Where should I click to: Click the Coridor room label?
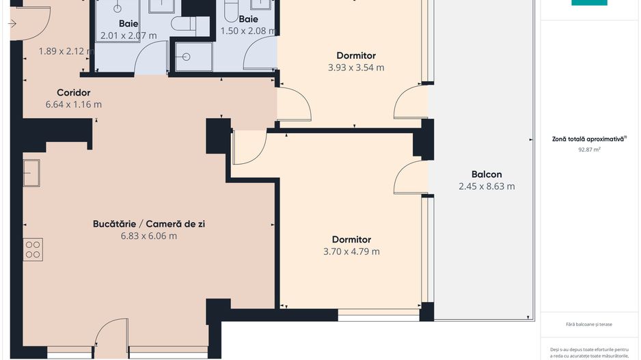(x=73, y=93)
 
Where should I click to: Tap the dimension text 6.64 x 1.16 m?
(x=73, y=105)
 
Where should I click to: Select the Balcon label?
(x=487, y=174)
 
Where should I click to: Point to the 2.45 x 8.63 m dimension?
(x=487, y=186)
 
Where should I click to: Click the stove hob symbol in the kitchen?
(x=33, y=249)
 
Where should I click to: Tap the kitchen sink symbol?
(x=31, y=172)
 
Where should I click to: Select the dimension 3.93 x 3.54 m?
(x=355, y=68)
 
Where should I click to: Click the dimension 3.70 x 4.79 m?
(x=351, y=251)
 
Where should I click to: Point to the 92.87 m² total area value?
(x=588, y=148)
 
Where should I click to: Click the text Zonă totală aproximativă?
(x=588, y=139)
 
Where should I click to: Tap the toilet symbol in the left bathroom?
(x=184, y=25)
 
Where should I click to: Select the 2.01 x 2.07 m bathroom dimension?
(x=128, y=36)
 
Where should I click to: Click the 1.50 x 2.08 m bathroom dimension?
(x=248, y=31)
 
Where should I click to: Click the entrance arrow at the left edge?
(x=12, y=24)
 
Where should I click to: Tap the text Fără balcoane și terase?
(x=588, y=324)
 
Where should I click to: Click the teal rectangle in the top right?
(x=589, y=3)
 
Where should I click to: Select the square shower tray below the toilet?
(x=193, y=57)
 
